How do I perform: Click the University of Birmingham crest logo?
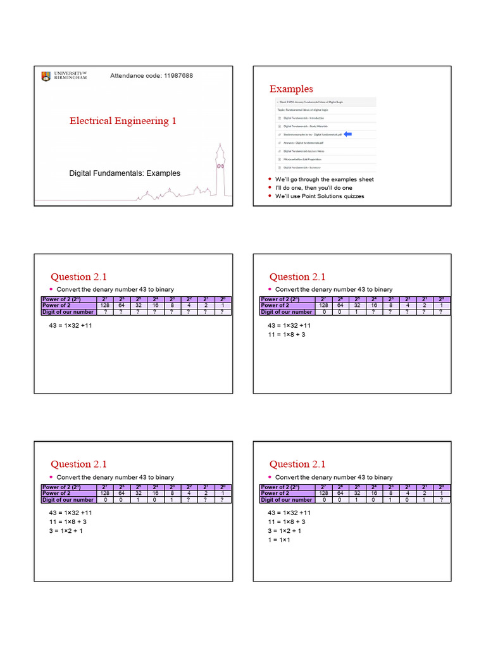(x=46, y=77)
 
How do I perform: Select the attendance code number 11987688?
(x=178, y=76)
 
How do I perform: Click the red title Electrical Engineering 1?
(x=123, y=121)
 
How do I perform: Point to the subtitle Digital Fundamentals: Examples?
(x=125, y=173)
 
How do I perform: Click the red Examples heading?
(x=291, y=89)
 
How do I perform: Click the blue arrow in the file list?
(x=347, y=135)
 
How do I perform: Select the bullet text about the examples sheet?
(x=324, y=180)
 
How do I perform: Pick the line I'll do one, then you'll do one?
(x=314, y=188)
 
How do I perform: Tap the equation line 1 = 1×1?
(x=279, y=540)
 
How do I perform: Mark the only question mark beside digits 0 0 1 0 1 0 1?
(x=441, y=500)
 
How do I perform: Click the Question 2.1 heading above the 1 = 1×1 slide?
(x=297, y=464)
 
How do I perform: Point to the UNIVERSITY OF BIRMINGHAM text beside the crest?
(x=70, y=76)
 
